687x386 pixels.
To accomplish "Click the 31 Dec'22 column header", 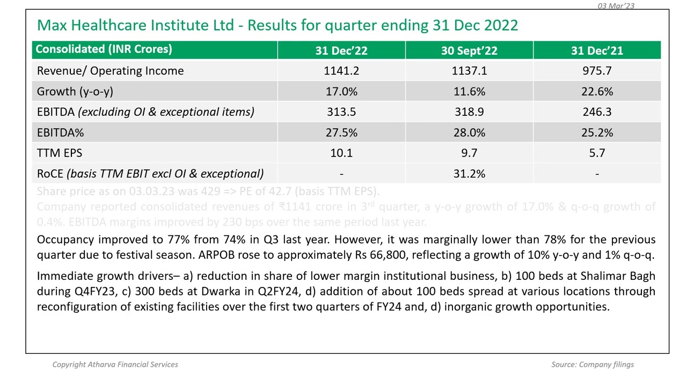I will (x=341, y=50).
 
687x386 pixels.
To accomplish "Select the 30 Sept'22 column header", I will (x=469, y=50).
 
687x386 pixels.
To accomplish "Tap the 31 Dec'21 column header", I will (x=597, y=50).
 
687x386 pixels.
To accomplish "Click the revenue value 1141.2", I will (x=341, y=71).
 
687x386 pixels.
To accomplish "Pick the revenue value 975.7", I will (x=597, y=71).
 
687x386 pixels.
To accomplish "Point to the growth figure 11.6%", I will (x=469, y=92).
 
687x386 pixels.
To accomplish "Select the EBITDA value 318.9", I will (x=469, y=112).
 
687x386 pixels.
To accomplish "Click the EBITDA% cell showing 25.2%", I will (x=597, y=132).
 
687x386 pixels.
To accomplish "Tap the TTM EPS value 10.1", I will (x=341, y=153).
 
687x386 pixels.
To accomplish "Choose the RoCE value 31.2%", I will (x=469, y=174).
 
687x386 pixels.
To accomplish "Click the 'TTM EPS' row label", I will (x=60, y=153).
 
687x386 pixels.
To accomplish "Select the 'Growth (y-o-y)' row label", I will (x=75, y=92).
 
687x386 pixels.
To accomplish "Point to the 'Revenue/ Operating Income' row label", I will (x=110, y=71).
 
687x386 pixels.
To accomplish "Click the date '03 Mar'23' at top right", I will (x=616, y=6).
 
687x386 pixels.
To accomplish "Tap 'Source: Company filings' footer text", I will (x=593, y=365).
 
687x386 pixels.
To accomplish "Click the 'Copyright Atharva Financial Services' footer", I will (x=115, y=365).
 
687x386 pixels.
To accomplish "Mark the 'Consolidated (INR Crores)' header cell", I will (x=104, y=49).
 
